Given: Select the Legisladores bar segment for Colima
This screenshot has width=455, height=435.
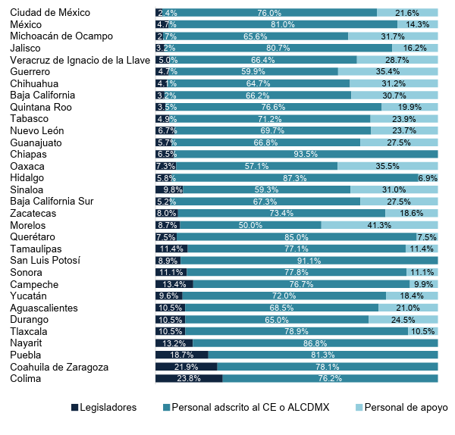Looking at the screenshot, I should [188, 378].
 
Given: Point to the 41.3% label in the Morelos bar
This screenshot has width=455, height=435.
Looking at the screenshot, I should [379, 225].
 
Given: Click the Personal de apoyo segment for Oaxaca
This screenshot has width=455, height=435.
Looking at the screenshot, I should [388, 166].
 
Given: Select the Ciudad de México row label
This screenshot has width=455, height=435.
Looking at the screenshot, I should [50, 12].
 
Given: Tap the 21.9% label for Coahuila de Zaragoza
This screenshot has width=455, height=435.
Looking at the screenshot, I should [186, 367].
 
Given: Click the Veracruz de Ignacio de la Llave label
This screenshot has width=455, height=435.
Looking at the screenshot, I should [74, 60].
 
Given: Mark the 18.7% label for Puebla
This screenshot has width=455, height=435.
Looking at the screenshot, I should [181, 355].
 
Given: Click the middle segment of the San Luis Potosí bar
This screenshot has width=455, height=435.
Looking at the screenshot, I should [309, 261].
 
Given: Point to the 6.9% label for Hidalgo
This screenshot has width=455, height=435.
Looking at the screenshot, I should [428, 177].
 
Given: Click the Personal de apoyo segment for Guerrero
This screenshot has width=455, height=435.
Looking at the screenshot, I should [388, 71].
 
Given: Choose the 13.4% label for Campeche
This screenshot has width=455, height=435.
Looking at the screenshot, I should [174, 284].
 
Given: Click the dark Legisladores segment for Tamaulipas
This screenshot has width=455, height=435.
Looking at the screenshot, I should [171, 249].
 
